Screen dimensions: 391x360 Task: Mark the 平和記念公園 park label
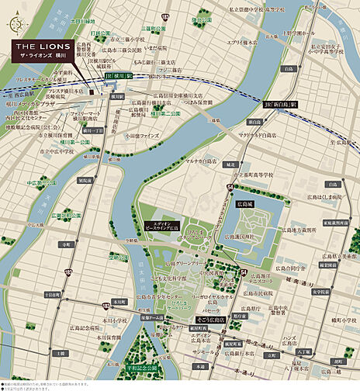pyautogui.click(x=141, y=369)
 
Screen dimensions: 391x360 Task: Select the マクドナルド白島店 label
pyautogui.click(x=260, y=135)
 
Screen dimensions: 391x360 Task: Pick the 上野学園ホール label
pyautogui.click(x=297, y=33)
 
